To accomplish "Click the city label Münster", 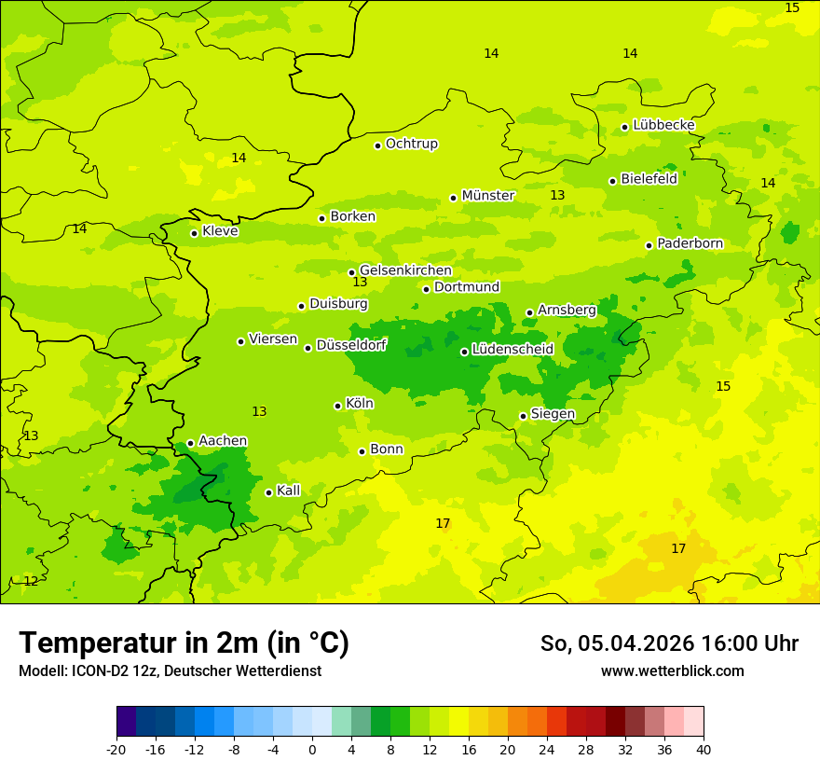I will point(488,196).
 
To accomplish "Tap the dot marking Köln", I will point(337,406).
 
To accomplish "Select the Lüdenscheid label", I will point(512,350).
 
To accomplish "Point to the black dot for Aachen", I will point(190,444).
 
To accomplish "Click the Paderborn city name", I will point(690,244).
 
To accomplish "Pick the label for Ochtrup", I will point(411,145).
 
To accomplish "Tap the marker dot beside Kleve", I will point(194,233).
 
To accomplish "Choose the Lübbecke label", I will point(663,125).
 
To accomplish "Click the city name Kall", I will point(288,491).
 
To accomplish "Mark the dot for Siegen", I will point(523,417).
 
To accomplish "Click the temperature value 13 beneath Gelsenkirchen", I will point(360,283).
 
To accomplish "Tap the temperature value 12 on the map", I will point(31,582).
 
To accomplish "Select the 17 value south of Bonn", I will point(443,524).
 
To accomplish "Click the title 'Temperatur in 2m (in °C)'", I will point(184,643).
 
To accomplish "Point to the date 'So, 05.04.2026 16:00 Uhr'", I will point(669,643).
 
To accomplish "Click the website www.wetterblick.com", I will point(672,671).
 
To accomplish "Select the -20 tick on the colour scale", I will point(116,750).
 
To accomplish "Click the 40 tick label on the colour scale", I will point(703,750).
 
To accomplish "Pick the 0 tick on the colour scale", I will point(312,750).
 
